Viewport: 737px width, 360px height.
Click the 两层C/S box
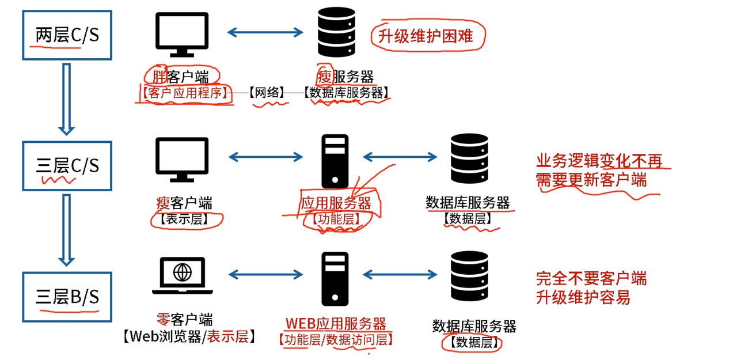point(67,36)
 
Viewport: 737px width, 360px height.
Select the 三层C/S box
point(67,166)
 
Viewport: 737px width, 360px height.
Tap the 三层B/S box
point(67,297)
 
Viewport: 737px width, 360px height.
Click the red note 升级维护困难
point(426,36)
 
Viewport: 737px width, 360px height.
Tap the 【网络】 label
point(267,93)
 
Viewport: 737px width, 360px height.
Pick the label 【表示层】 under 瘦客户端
point(186,219)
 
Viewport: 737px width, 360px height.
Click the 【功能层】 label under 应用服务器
point(336,219)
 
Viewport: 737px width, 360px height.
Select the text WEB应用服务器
point(336,324)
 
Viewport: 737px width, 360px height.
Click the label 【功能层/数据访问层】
point(335,340)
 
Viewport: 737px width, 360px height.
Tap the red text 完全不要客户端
point(591,279)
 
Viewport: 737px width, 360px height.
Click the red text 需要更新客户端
point(591,180)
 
